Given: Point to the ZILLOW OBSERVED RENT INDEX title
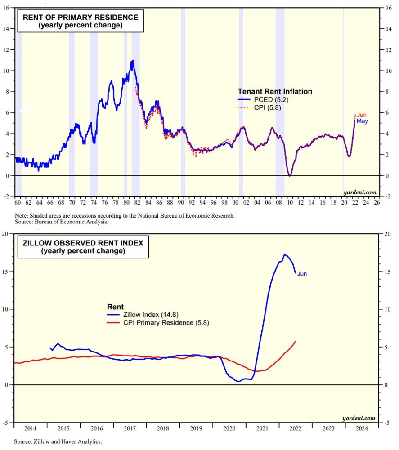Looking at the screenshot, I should [83, 243].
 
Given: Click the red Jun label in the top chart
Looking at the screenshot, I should [362, 116].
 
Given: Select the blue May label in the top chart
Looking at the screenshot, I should [362, 121].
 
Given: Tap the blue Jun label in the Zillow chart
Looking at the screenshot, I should [302, 273].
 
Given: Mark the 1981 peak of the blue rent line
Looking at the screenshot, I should [132, 60].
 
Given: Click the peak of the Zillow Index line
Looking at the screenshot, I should [284, 254].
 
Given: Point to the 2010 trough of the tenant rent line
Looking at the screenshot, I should [290, 175].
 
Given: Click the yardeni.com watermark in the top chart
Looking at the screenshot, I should [359, 192].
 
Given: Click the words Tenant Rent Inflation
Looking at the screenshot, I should [275, 91].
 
